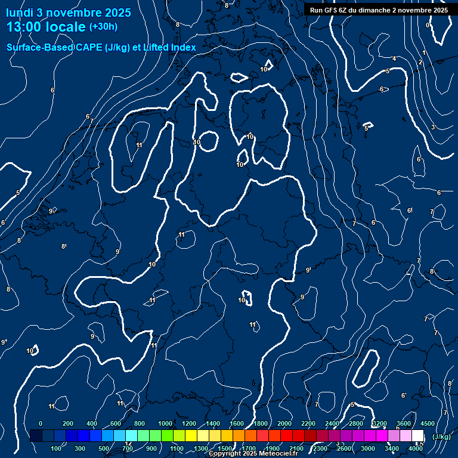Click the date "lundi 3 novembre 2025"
[x=69, y=13]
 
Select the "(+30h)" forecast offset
[x=103, y=27]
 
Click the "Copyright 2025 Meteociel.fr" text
[x=253, y=454]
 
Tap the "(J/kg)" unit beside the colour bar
[x=441, y=437]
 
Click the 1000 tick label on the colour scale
[x=165, y=423]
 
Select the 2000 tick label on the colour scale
[x=284, y=423]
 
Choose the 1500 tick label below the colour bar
[x=225, y=448]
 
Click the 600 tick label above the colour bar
[x=116, y=423]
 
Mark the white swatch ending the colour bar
[x=417, y=435]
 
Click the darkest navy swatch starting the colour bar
[x=36, y=435]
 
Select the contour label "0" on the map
[x=428, y=25]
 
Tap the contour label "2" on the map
[x=420, y=62]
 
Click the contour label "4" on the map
[x=394, y=58]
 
